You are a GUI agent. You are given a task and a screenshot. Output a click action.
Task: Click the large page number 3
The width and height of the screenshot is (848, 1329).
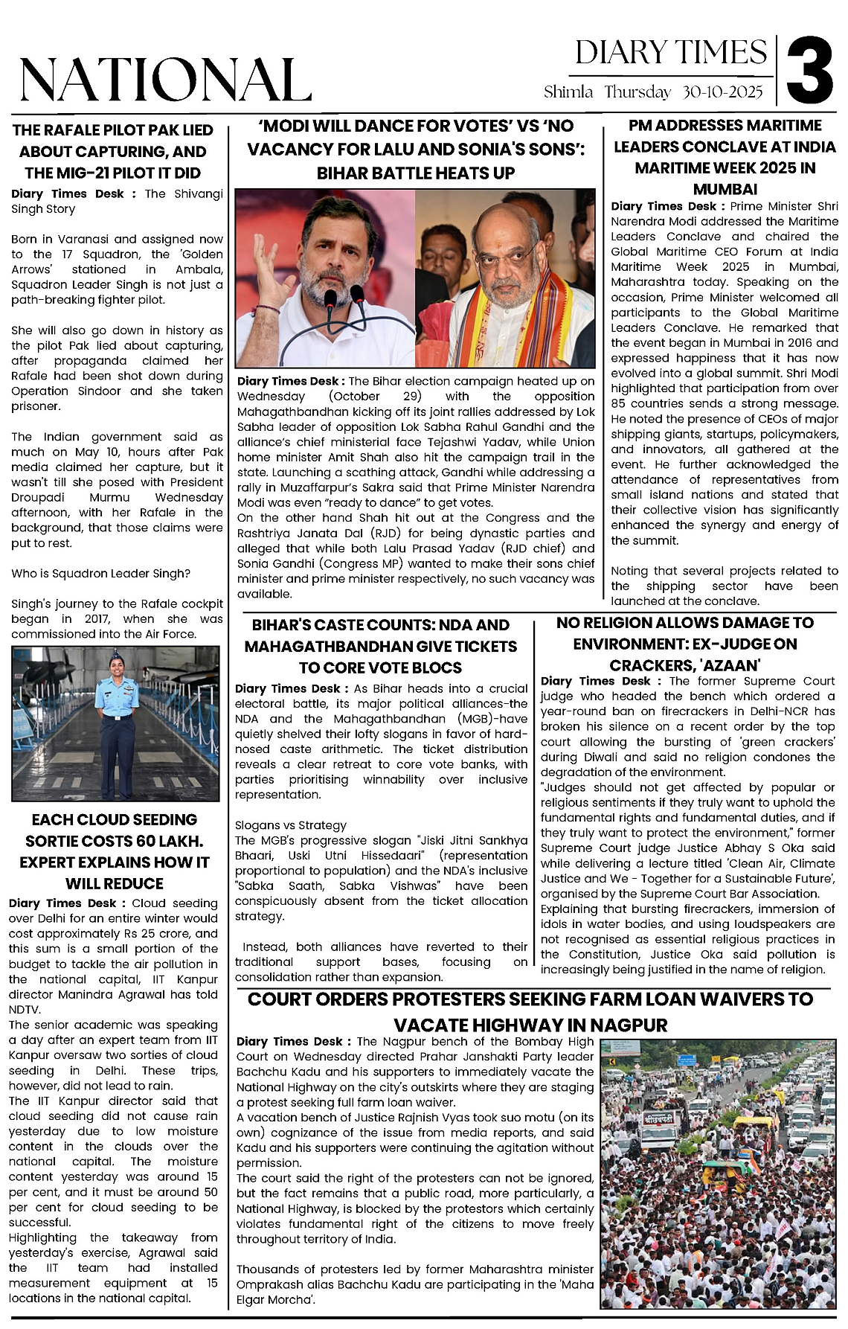[810, 72]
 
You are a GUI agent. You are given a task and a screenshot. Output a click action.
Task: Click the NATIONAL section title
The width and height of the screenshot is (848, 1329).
[165, 80]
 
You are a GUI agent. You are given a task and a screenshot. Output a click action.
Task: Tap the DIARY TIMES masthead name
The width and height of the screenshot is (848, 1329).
[670, 53]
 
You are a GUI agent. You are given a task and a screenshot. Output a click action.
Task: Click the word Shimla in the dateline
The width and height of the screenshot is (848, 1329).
[568, 92]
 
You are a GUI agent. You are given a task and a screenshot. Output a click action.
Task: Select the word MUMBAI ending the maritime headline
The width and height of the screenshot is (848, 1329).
[725, 189]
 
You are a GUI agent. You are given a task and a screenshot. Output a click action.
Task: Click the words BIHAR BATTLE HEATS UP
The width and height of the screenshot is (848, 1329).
[416, 173]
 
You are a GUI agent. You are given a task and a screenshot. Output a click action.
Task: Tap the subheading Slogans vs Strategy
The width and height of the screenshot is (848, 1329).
[291, 825]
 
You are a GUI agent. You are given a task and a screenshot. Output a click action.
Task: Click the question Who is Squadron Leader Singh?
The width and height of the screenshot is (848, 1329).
[100, 573]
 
